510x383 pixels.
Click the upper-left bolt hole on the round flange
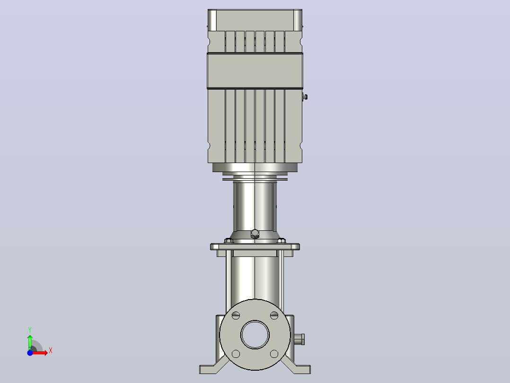(x=236, y=315)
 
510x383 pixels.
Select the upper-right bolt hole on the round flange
(x=274, y=315)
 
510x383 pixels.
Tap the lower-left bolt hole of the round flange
(x=236, y=354)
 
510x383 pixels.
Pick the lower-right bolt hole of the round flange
(x=274, y=354)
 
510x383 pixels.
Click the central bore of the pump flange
(x=255, y=335)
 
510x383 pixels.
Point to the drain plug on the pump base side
(x=299, y=339)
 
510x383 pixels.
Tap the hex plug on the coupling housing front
(x=255, y=234)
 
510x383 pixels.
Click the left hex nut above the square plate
(x=229, y=240)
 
